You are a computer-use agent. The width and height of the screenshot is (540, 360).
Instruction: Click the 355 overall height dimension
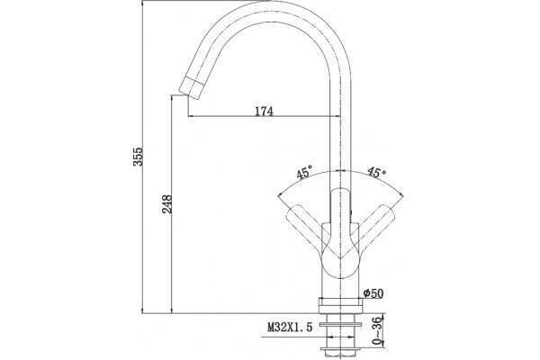click(x=138, y=157)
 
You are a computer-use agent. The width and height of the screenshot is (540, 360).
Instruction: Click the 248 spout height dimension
click(x=167, y=204)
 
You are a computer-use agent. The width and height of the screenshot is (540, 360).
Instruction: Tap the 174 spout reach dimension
click(x=264, y=112)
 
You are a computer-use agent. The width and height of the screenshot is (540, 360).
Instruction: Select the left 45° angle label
click(x=305, y=172)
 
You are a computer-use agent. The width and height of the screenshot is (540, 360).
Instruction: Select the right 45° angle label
click(x=376, y=172)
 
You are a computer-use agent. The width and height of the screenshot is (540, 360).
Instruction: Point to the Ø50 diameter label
click(x=373, y=293)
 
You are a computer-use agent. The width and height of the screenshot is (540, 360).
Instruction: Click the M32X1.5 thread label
click(x=290, y=327)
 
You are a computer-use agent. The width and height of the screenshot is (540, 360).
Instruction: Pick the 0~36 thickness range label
click(x=378, y=331)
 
